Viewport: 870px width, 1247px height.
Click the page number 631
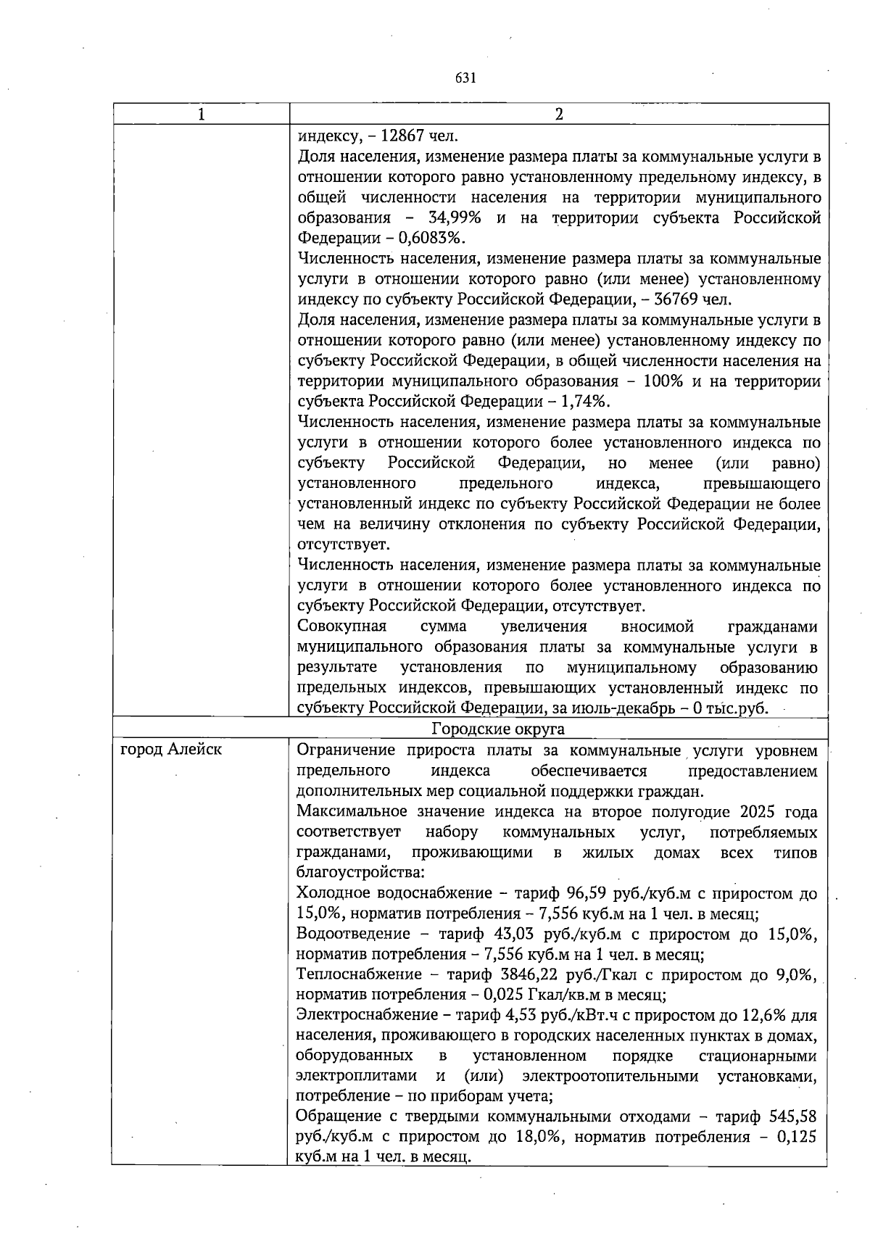tap(465, 78)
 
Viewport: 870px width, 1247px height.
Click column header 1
tap(201, 115)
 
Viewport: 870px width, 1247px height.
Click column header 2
tap(558, 115)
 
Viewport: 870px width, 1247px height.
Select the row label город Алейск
tap(171, 750)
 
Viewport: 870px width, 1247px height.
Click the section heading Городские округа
tap(498, 729)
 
